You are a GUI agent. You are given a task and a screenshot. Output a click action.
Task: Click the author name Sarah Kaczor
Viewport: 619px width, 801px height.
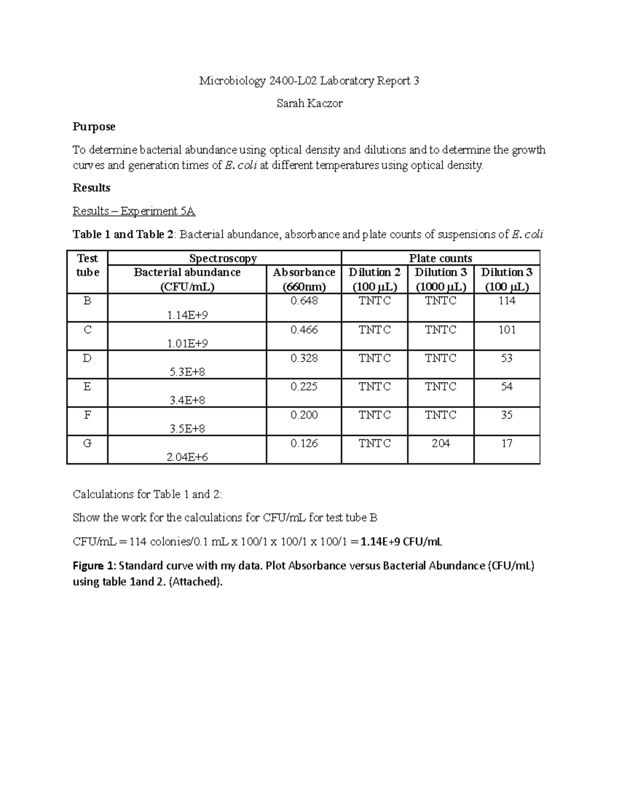click(x=309, y=104)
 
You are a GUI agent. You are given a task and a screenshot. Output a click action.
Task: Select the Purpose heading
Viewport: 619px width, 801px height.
click(x=94, y=127)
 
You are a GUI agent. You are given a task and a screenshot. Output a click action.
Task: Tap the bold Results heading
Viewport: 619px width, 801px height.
click(x=91, y=188)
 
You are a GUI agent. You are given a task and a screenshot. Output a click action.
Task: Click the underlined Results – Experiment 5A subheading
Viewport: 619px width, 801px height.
click(x=134, y=211)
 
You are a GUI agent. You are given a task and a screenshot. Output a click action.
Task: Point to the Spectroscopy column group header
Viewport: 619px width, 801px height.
click(x=223, y=258)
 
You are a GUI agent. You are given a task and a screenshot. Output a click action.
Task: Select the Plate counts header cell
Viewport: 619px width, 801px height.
click(x=440, y=258)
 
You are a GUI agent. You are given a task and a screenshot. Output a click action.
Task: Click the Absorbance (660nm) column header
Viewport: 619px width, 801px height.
click(x=304, y=279)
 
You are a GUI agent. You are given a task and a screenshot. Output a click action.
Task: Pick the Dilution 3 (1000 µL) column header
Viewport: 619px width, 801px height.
click(x=441, y=279)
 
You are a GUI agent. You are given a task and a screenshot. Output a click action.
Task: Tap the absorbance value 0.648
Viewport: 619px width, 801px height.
click(x=304, y=301)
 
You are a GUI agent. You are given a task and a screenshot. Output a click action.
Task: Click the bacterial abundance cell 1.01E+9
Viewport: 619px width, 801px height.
click(x=188, y=344)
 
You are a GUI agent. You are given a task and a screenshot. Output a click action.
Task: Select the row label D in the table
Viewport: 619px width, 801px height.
click(x=87, y=358)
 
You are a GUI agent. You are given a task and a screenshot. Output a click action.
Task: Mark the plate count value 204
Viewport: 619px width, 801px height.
click(x=441, y=443)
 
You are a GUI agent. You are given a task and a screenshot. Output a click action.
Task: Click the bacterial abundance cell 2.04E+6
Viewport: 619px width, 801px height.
click(x=188, y=457)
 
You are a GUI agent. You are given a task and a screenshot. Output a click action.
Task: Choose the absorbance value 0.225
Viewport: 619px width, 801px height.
click(x=304, y=386)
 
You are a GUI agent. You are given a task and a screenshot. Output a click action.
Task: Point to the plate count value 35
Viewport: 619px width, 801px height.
click(x=507, y=415)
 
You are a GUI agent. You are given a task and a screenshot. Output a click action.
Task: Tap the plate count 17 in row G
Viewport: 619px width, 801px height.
click(x=507, y=443)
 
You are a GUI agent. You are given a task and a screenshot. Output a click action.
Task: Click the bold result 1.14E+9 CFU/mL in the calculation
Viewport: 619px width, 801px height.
click(x=401, y=542)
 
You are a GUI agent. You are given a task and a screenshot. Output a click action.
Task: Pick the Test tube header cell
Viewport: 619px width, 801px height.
click(x=87, y=265)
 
